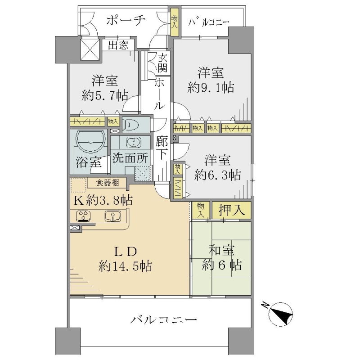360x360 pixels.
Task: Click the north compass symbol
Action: tap(280, 314)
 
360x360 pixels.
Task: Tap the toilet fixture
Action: tap(131, 126)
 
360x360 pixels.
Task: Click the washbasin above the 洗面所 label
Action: tap(134, 143)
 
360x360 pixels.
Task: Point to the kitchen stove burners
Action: tap(83, 216)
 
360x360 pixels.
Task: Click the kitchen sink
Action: tap(113, 216)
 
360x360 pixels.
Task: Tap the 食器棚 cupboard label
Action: tap(107, 183)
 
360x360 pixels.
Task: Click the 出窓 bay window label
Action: tap(118, 45)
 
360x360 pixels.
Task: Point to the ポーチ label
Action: tap(126, 20)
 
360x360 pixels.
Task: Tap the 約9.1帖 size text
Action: tap(211, 87)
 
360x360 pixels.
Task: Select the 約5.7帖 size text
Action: tap(105, 95)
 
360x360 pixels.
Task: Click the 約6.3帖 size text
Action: tap(217, 175)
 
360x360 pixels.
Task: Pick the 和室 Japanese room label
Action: tap(221, 250)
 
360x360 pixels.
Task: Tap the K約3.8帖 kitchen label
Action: tap(103, 200)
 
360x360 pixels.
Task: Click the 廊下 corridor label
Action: tap(162, 148)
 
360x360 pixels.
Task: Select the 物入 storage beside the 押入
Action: tap(200, 210)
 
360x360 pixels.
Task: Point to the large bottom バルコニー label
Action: tap(163, 320)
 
